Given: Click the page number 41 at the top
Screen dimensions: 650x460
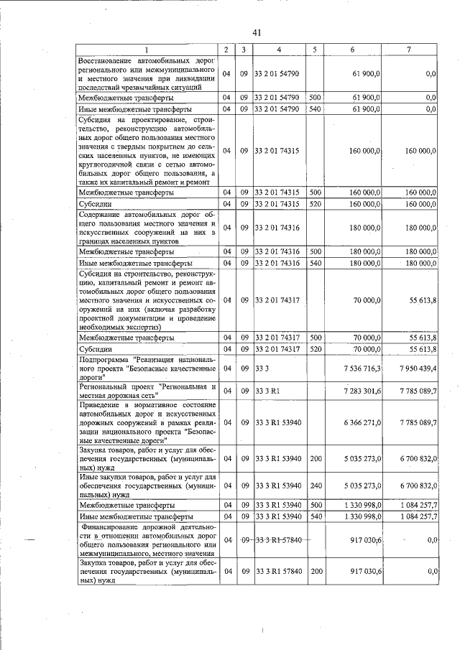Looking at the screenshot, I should click(x=257, y=32).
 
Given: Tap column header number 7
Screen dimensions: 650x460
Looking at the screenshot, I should click(x=409, y=50).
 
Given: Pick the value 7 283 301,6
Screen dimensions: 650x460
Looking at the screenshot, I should click(x=361, y=391).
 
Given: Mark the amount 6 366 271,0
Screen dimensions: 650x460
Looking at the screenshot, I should click(x=361, y=422).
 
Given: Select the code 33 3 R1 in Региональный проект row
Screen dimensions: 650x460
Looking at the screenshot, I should click(x=267, y=391).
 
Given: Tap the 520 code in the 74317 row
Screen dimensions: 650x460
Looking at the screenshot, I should click(x=314, y=348).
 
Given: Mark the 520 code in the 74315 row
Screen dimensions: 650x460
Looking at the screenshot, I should click(x=314, y=204).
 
